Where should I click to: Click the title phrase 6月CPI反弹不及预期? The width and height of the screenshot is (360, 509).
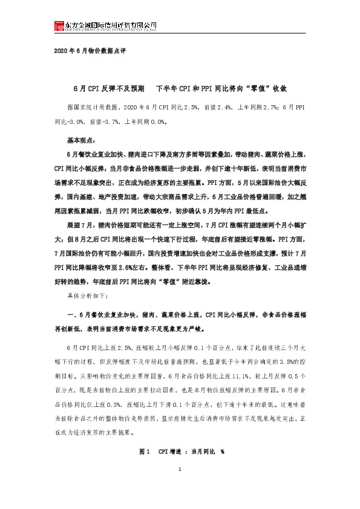[108, 88]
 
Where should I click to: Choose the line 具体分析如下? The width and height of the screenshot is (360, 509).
[87, 296]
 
